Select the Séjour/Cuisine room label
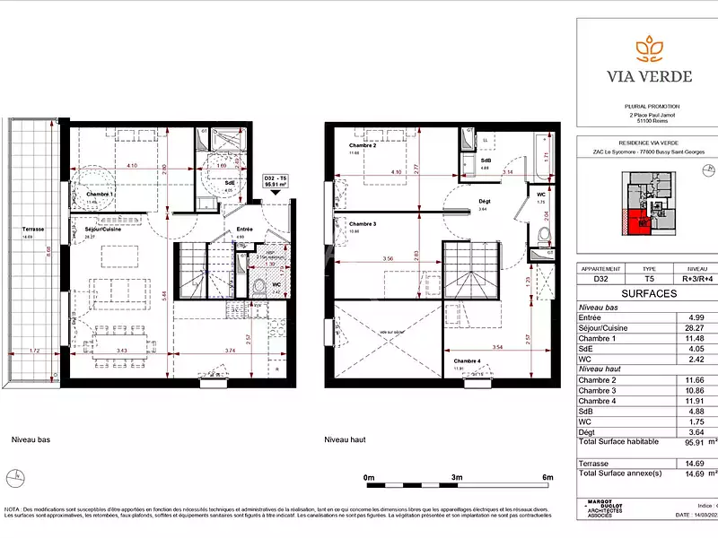click(x=102, y=230)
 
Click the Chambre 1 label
click(x=100, y=194)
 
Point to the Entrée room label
click(x=244, y=230)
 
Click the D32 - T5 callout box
click(x=275, y=183)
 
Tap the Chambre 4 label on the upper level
click(x=468, y=360)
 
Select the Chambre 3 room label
click(x=363, y=224)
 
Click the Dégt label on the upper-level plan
click(x=485, y=202)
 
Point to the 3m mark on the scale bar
click(x=457, y=477)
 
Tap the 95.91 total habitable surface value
click(x=693, y=442)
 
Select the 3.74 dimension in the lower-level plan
click(x=229, y=351)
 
